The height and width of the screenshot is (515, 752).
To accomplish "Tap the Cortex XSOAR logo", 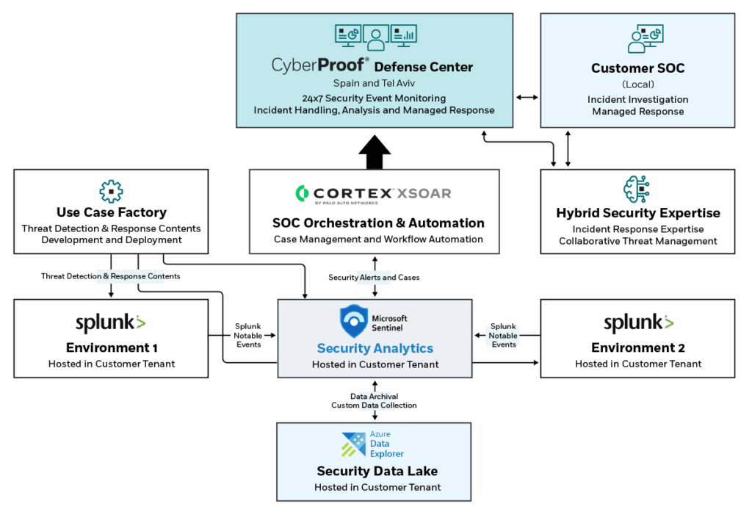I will pyautogui.click(x=373, y=194).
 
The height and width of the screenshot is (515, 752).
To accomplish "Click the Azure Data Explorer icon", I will pyautogui.click(x=354, y=444).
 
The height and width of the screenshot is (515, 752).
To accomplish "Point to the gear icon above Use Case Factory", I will pyautogui.click(x=111, y=190).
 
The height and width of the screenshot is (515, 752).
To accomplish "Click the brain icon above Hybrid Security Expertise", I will pyautogui.click(x=637, y=190).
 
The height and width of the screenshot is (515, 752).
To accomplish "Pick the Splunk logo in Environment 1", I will pyautogui.click(x=111, y=323).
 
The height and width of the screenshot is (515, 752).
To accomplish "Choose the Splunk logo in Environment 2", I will pyautogui.click(x=638, y=323).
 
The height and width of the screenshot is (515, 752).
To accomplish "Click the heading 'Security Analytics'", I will pyautogui.click(x=375, y=348).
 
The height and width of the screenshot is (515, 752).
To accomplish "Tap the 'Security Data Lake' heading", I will pyautogui.click(x=377, y=471).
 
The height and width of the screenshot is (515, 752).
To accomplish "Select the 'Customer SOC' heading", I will pyautogui.click(x=637, y=68).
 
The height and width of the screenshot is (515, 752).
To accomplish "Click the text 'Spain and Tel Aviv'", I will pyautogui.click(x=374, y=84).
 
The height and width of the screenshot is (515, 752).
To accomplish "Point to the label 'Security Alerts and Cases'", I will pyautogui.click(x=375, y=277).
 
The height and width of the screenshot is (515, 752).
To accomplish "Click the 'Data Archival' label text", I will pyautogui.click(x=374, y=397).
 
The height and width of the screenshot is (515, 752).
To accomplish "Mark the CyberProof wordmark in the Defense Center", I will pyautogui.click(x=320, y=66).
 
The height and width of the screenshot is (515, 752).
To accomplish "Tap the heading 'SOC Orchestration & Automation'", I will pyautogui.click(x=378, y=223).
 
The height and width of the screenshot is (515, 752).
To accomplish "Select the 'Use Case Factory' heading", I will pyautogui.click(x=112, y=213).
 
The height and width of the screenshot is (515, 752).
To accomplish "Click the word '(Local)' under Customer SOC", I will pyautogui.click(x=637, y=84).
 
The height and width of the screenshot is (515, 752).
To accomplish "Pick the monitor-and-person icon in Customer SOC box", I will pyautogui.click(x=644, y=38).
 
